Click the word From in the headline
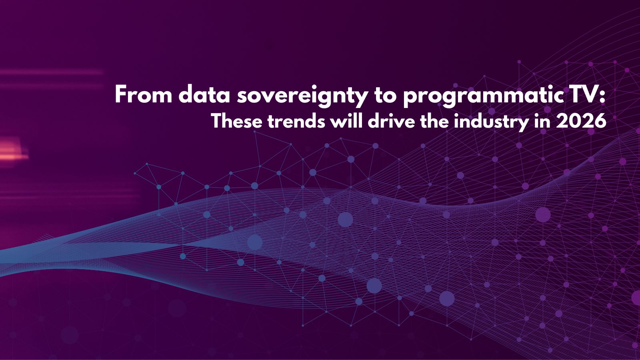pos(144,94)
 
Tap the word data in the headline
pos(204,94)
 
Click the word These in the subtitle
pos(237,122)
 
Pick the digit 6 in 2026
pos(600,122)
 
